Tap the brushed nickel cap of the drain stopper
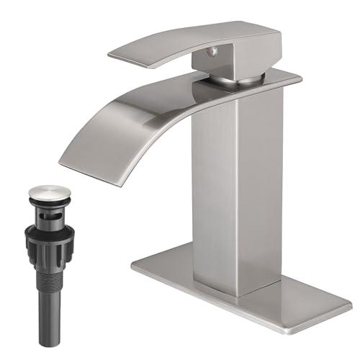coord(50,192)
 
